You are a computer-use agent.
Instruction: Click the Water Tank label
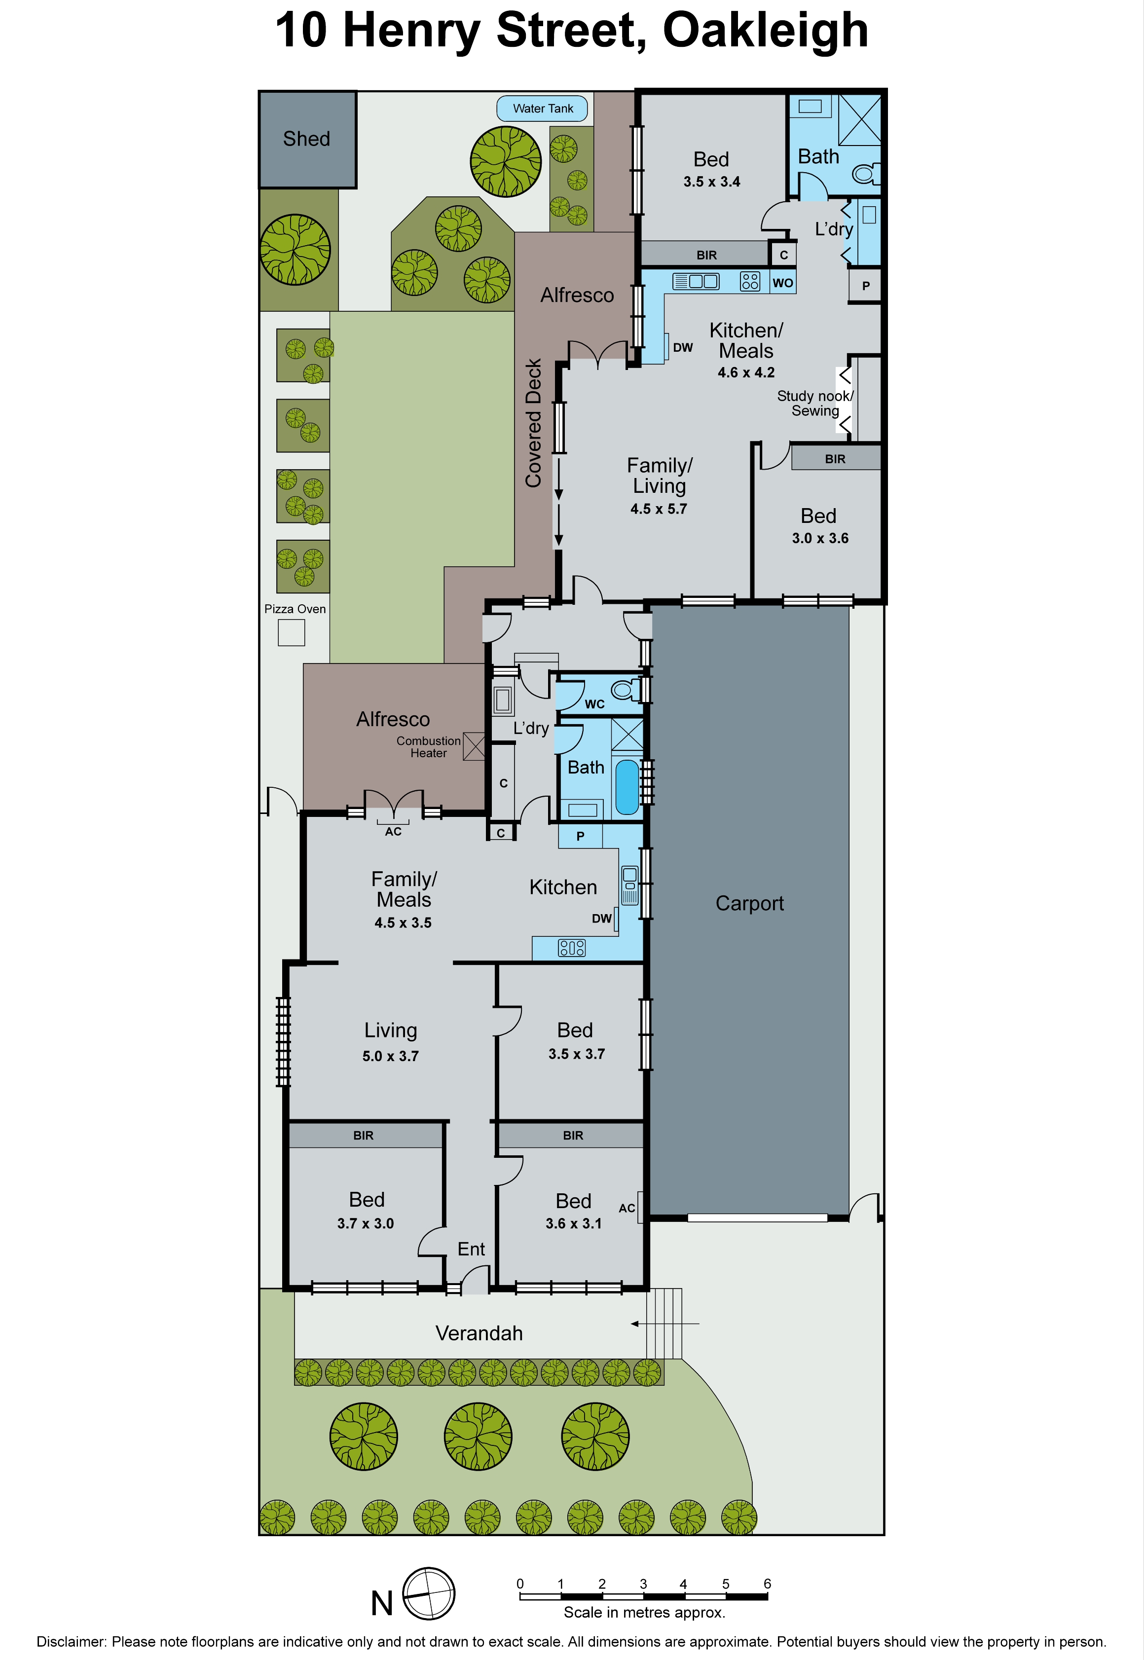point(543,109)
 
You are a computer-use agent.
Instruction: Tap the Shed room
point(307,139)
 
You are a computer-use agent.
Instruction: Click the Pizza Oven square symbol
point(291,633)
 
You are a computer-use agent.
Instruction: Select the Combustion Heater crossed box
point(474,746)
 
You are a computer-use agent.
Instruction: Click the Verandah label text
point(479,1333)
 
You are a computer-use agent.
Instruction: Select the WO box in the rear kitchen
point(783,282)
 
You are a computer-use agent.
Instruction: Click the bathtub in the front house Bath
point(627,787)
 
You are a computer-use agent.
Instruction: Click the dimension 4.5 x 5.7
point(658,509)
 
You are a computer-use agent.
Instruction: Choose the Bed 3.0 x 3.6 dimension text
point(820,538)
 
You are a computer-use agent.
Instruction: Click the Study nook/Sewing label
point(815,404)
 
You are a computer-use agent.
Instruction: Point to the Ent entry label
point(471,1249)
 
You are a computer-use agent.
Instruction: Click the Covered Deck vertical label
point(533,423)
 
